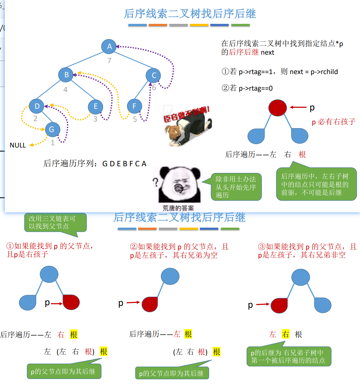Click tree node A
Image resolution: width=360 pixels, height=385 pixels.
coord(109,46)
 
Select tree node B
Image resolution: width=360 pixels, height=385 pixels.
coord(66,75)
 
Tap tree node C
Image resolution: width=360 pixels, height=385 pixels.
coord(153,75)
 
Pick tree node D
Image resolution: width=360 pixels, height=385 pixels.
coord(37,106)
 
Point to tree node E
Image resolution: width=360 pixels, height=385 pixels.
coord(95,107)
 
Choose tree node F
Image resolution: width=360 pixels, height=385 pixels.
coord(134,106)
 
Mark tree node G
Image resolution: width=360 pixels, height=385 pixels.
coord(51,129)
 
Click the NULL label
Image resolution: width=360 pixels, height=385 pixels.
coord(18,145)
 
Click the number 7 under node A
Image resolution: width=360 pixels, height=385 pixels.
coord(109,60)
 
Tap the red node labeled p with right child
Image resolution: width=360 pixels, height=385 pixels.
coord(277,108)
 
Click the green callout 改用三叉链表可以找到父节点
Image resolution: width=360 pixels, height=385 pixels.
coord(55,223)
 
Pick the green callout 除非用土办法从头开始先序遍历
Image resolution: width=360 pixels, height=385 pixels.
coord(236,187)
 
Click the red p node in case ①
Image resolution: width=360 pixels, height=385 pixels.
coord(71,302)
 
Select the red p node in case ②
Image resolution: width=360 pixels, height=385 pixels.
coord(150,304)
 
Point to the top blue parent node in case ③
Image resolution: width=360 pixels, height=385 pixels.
coord(301,277)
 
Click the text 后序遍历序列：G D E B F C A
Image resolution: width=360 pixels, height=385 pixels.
coord(95,164)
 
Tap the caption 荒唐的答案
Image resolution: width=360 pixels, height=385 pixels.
coord(178,208)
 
